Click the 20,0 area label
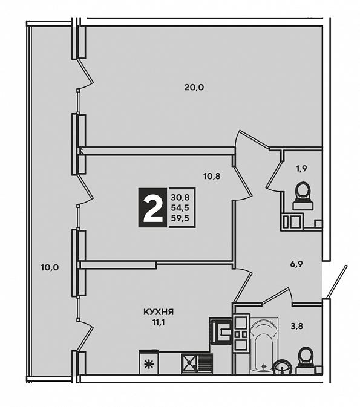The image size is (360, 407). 194,88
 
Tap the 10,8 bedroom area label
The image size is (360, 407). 212,177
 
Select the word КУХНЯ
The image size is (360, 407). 159,312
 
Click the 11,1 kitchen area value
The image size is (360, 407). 159,323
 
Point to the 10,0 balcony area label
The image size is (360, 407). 50,267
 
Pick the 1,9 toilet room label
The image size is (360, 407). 301,169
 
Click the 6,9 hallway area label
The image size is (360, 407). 296,264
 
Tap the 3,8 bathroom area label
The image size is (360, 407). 297,326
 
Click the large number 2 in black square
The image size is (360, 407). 152,207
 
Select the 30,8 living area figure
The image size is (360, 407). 180,198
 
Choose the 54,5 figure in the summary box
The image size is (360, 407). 180,208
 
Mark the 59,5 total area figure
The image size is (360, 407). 180,218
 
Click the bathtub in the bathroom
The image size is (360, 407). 264,346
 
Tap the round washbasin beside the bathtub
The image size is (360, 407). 282,366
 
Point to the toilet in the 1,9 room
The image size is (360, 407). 303,196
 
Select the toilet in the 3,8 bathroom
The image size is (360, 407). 306,361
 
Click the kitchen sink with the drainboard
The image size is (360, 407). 197,363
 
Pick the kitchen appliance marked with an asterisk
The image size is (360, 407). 149,362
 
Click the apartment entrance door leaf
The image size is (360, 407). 336,282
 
